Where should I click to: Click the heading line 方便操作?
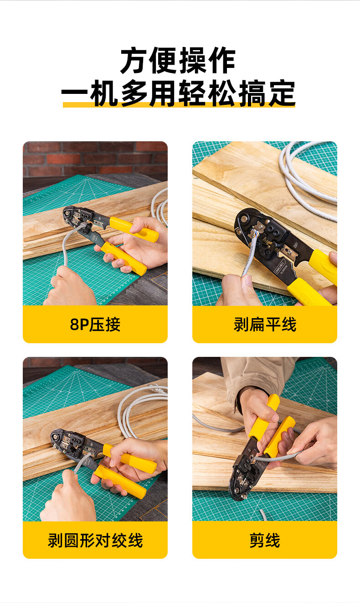178,61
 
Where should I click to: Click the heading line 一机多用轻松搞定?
178,93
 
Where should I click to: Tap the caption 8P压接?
95,325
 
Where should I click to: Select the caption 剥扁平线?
265,325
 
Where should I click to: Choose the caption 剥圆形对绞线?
95,540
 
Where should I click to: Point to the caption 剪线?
265,540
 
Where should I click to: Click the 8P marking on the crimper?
295,245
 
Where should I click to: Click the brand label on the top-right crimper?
280,268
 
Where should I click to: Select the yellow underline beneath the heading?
179,105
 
